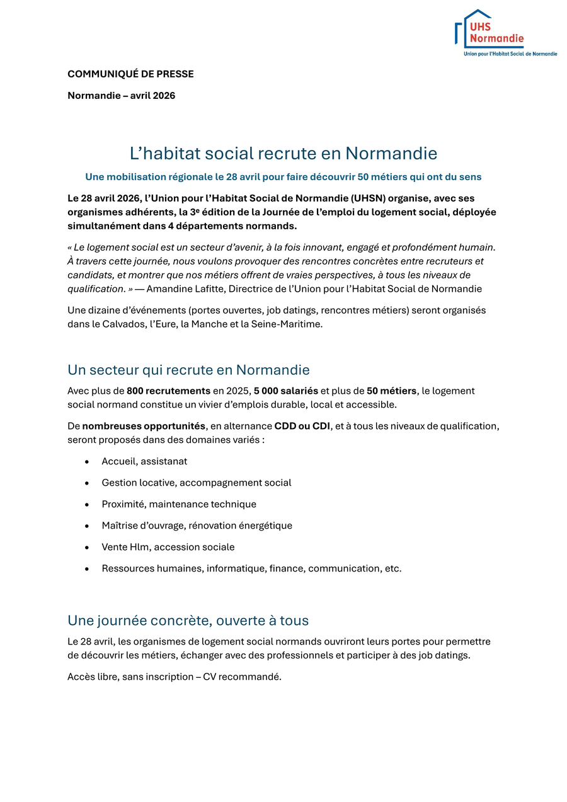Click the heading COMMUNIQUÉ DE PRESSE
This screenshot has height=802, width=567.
point(130,74)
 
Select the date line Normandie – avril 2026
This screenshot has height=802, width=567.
point(121,96)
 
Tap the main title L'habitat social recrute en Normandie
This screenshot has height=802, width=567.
point(283,153)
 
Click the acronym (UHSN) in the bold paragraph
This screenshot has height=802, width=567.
point(363,198)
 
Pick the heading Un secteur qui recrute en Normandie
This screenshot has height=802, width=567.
point(188,370)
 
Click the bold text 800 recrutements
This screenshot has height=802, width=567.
point(168,391)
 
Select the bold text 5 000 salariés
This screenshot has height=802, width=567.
point(286,391)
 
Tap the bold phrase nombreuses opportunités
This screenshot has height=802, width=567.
point(144,427)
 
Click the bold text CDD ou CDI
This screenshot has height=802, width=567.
point(302,427)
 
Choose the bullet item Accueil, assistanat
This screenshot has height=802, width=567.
point(144,462)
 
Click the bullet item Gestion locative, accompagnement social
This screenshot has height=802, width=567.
point(197,483)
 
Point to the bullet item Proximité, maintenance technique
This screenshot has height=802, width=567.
point(179,505)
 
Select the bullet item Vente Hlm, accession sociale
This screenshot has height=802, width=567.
point(168,547)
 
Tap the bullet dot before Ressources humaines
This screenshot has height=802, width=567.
point(87,569)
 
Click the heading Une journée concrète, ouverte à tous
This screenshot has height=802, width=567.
point(188,621)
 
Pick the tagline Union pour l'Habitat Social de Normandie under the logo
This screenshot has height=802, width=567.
point(510,54)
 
